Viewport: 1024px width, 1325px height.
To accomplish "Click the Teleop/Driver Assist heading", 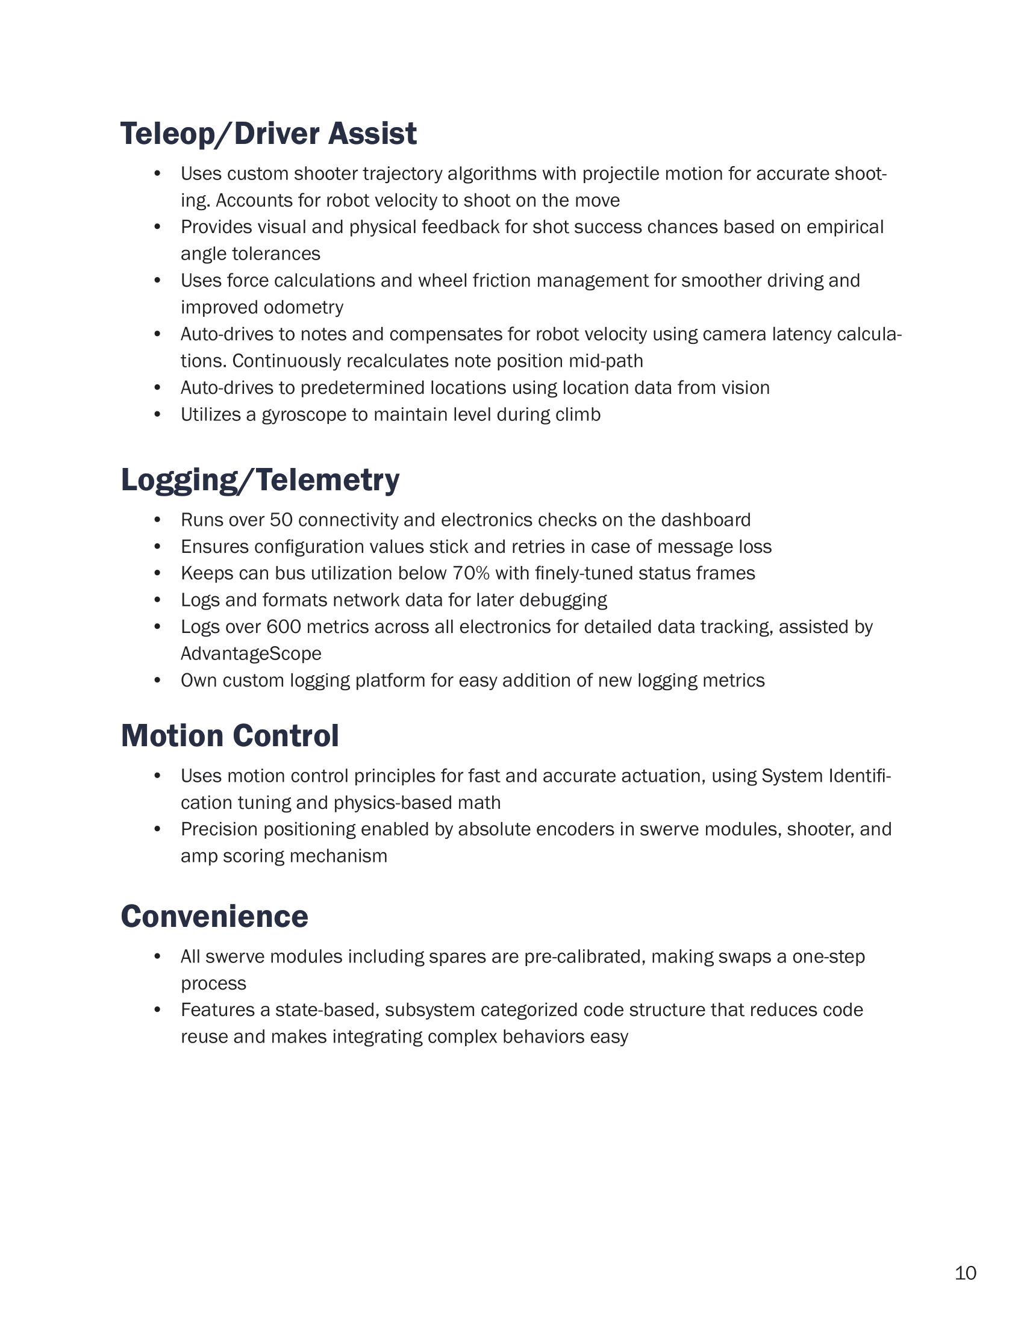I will point(268,134).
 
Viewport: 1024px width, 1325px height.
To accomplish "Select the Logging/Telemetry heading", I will point(260,480).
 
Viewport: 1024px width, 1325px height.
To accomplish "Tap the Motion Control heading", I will point(229,736).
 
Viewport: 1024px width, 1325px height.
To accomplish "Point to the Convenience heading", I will point(214,916).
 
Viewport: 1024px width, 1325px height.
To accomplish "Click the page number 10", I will point(965,1273).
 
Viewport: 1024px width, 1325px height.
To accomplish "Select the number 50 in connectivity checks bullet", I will point(281,520).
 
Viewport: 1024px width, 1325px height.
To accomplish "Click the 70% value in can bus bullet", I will point(472,573).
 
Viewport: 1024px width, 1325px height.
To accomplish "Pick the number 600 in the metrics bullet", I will point(281,627).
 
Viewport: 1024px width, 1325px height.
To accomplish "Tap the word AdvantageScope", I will point(251,654).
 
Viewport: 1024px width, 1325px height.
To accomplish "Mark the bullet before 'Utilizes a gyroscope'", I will point(157,415).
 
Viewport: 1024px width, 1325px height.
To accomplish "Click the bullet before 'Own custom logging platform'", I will point(157,681).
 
